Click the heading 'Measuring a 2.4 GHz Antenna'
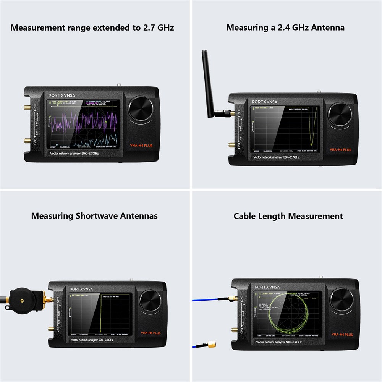285,28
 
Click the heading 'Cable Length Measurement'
288,216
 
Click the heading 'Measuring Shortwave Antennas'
94,216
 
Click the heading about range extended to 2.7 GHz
92,28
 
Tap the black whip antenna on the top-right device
209,84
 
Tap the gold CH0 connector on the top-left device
28,108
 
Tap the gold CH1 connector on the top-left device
28,141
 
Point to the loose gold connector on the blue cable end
211,345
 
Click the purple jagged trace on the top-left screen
84,122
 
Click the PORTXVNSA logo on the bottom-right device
267,287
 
